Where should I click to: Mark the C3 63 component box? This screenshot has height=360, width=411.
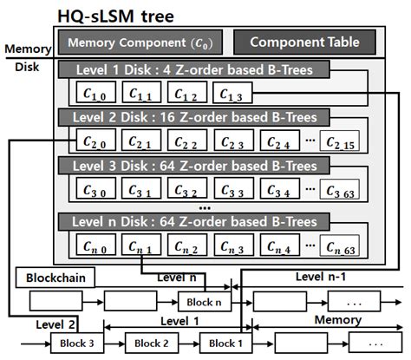pyautogui.click(x=338, y=187)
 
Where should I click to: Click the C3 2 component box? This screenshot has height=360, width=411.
pyautogui.click(x=187, y=187)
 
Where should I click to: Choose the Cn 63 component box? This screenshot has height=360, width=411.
pyautogui.click(x=338, y=245)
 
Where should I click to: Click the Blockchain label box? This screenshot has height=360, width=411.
pyautogui.click(x=49, y=279)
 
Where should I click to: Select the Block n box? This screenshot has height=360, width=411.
pyautogui.click(x=202, y=302)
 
